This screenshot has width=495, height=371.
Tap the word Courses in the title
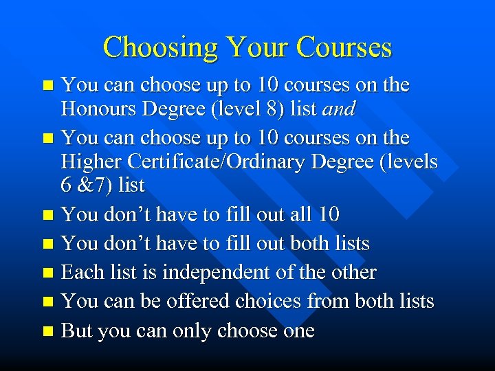(x=344, y=47)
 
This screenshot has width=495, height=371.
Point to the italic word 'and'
(x=341, y=109)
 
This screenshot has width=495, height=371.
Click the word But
(x=77, y=330)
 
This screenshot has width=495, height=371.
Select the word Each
(x=80, y=272)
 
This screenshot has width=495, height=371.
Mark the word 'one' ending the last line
(x=298, y=330)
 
